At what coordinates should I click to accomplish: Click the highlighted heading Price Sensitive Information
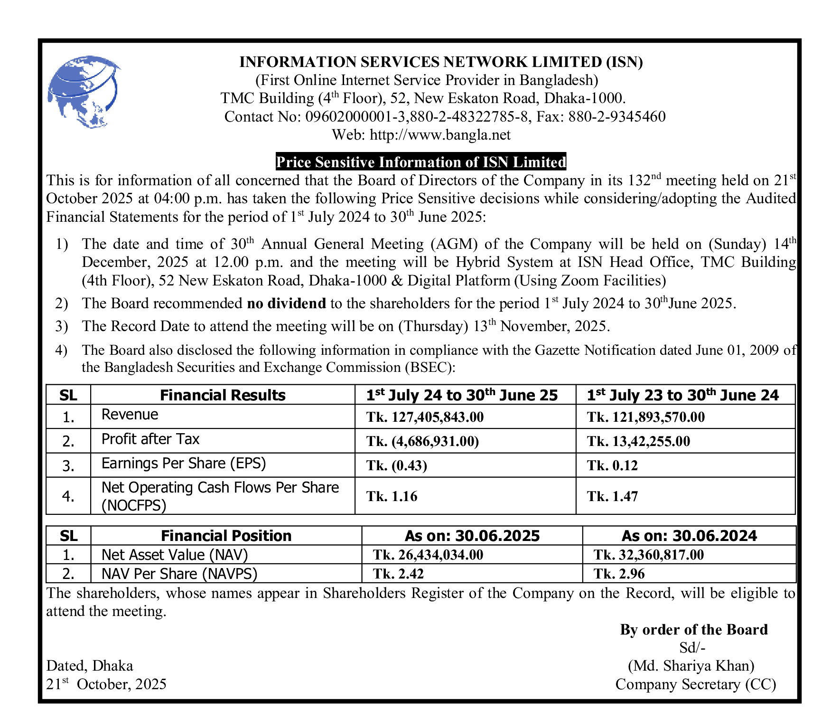(421, 162)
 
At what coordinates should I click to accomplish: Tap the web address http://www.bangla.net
(440, 135)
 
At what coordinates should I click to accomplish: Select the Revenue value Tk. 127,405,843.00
(425, 417)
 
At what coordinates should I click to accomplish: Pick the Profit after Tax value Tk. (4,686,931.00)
(422, 441)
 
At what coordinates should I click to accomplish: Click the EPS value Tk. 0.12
(612, 465)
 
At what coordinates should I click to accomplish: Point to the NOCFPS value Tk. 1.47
(612, 496)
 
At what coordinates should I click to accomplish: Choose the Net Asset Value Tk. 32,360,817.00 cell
(648, 555)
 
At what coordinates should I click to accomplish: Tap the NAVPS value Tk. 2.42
(398, 574)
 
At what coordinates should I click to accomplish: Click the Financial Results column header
(223, 395)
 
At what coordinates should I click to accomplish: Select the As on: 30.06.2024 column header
(689, 536)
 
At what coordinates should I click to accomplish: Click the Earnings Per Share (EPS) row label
(184, 464)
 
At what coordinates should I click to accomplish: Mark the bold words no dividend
(287, 303)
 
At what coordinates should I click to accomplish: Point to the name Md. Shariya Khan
(691, 666)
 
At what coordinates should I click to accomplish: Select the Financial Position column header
(226, 536)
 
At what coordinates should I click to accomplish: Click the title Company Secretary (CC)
(696, 684)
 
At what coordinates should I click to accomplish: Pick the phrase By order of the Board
(693, 630)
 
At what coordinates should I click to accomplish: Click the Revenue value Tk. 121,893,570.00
(646, 417)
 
